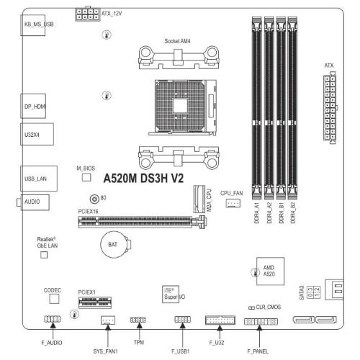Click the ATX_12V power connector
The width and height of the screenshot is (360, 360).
(x=88, y=14)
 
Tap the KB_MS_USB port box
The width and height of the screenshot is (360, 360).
(x=32, y=25)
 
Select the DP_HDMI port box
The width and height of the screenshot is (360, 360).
(x=33, y=106)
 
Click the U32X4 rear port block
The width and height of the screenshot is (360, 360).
(x=37, y=134)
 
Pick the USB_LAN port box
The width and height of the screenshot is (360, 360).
(x=39, y=179)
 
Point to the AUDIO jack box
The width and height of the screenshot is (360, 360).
(x=35, y=202)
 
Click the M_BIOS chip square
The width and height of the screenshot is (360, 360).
(x=86, y=177)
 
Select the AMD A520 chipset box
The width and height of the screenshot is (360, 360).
(x=270, y=271)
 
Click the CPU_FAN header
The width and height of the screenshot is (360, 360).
(x=233, y=203)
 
